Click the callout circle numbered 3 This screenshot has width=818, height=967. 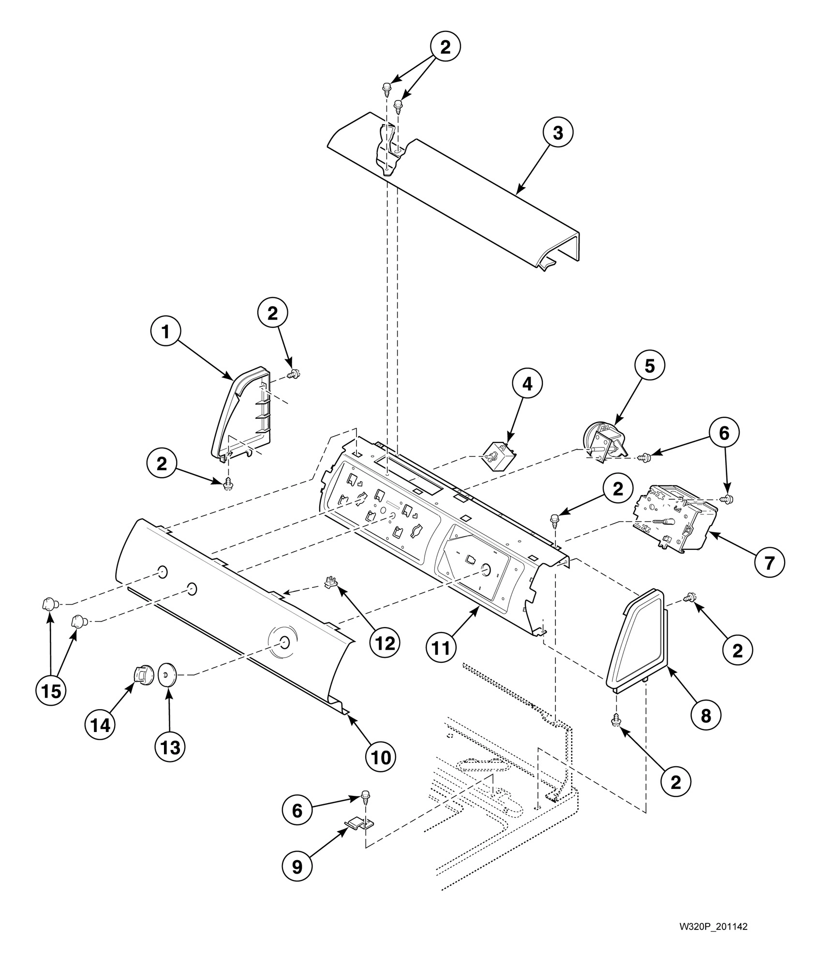point(558,133)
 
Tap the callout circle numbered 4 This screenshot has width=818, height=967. point(527,384)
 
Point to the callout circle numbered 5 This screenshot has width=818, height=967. point(649,366)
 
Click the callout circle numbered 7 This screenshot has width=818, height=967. point(769,562)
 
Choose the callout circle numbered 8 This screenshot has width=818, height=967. point(706,715)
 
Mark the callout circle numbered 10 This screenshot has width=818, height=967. point(381,757)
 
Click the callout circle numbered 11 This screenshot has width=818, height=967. point(441,648)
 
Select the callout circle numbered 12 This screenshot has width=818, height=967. point(385,642)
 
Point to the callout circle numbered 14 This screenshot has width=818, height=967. point(100,725)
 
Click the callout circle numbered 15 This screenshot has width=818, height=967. point(51,691)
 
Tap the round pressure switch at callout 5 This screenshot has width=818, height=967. point(602,438)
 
